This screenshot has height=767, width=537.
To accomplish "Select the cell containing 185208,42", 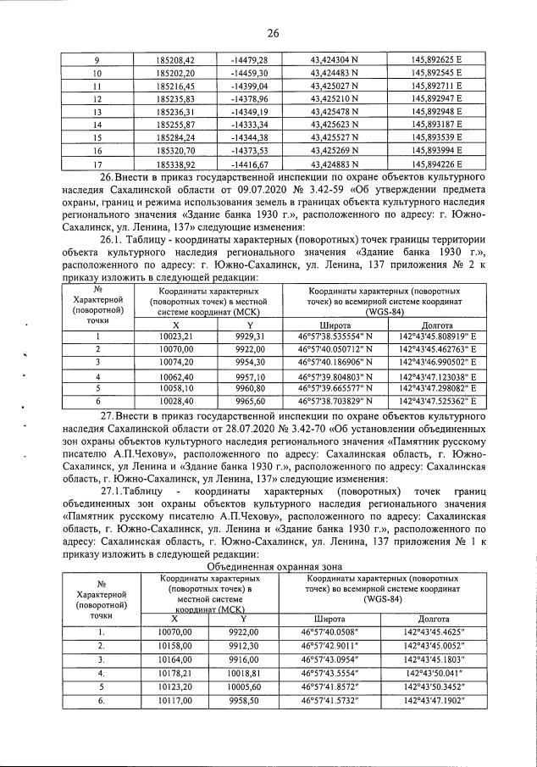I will [x=175, y=60].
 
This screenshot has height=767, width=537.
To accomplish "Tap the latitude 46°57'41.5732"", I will [x=336, y=702].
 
